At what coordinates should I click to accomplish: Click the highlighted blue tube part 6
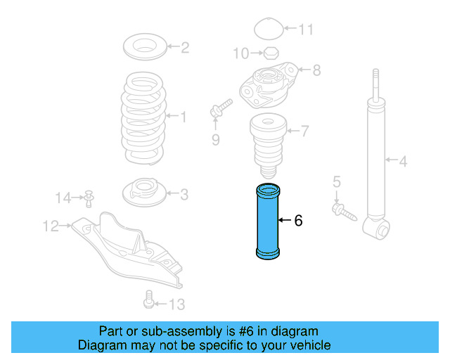tap(266, 221)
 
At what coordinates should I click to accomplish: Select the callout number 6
tap(298, 221)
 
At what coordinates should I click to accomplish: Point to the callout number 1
tap(184, 117)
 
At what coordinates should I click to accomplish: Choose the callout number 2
tap(185, 49)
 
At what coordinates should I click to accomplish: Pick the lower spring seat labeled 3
tap(145, 191)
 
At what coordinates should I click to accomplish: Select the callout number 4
tap(403, 162)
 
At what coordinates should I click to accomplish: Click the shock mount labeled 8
tap(266, 84)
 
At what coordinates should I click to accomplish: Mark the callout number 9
tap(216, 140)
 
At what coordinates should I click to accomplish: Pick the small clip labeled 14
tap(89, 198)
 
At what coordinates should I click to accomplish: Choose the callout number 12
tap(50, 226)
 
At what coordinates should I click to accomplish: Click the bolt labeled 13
tap(148, 300)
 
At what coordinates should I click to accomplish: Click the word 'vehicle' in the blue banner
tap(307, 345)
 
